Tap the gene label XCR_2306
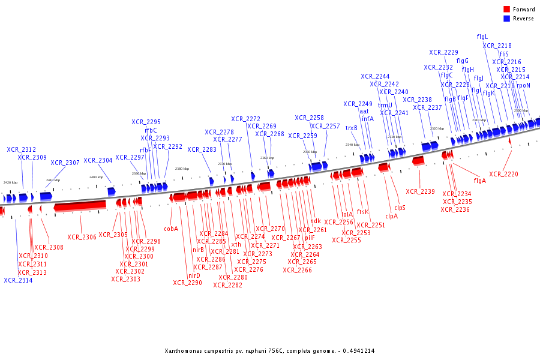(x=82, y=237)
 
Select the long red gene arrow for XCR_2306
(x=80, y=206)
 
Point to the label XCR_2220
(x=503, y=175)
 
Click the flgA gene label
(x=480, y=181)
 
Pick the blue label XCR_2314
(x=18, y=280)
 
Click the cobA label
(x=171, y=229)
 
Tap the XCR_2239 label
(x=420, y=192)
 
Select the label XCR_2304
(x=98, y=160)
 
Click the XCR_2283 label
(x=202, y=149)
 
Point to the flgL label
(x=482, y=37)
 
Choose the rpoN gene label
(x=523, y=85)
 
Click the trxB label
(x=352, y=128)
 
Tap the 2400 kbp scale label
(x=96, y=177)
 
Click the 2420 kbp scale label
(x=10, y=182)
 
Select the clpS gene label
(x=400, y=208)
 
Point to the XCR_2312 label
(x=22, y=149)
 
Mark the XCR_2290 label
(x=187, y=283)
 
